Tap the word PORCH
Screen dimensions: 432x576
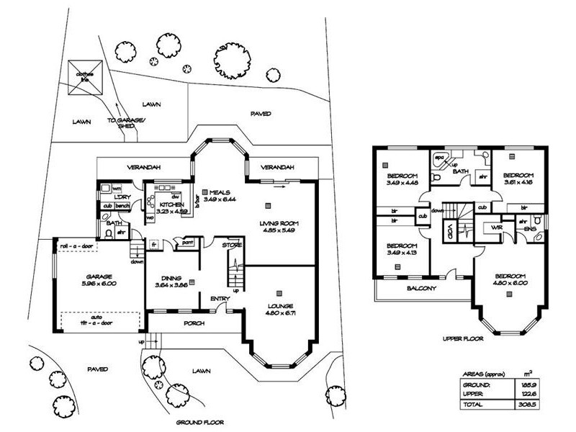(x=194, y=323)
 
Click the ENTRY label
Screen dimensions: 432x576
(x=219, y=300)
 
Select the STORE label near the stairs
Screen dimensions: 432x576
(x=231, y=246)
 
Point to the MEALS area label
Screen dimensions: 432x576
(x=220, y=192)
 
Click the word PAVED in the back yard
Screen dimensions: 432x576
(x=260, y=114)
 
